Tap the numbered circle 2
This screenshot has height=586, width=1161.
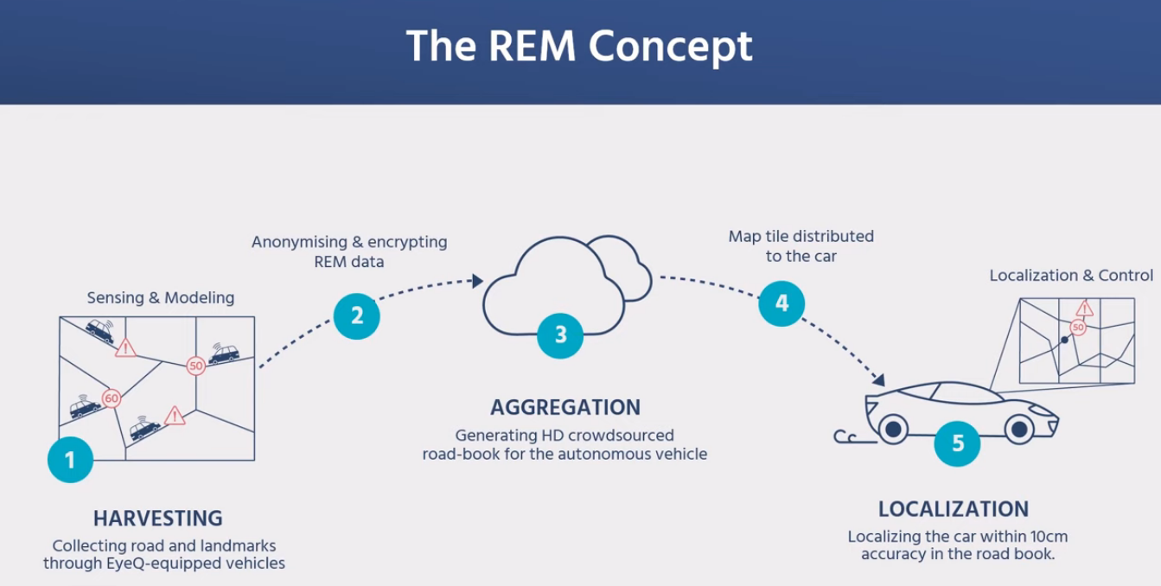[x=357, y=315]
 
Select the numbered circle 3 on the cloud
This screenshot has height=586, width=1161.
[x=561, y=334]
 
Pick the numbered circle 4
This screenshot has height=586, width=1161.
[x=781, y=303]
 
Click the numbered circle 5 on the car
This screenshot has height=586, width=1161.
[x=957, y=443]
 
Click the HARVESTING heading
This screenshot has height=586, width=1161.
[x=157, y=519]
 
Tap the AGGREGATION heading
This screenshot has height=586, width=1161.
[x=565, y=407]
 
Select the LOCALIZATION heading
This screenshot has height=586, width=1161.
[x=954, y=509]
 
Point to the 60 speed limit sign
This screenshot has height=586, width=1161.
[x=111, y=398]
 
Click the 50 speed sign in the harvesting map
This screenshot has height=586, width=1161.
[x=195, y=366]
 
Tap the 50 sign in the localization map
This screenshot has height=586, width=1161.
[x=1077, y=328]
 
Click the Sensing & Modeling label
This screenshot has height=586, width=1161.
[x=161, y=297]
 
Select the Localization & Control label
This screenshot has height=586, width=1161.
[x=1070, y=275]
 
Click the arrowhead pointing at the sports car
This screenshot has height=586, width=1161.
[x=879, y=380]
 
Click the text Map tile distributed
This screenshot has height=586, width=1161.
[x=801, y=236]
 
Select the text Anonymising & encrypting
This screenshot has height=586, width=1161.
[x=349, y=242]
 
